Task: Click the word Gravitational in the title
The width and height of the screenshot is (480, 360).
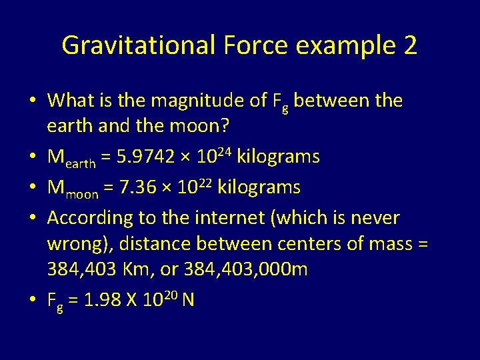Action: pyautogui.click(x=139, y=45)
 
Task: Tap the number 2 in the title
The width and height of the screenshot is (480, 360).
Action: pyautogui.click(x=409, y=45)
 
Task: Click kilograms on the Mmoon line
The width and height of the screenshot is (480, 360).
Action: pyautogui.click(x=259, y=187)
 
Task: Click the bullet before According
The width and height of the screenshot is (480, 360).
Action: pyautogui.click(x=33, y=218)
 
